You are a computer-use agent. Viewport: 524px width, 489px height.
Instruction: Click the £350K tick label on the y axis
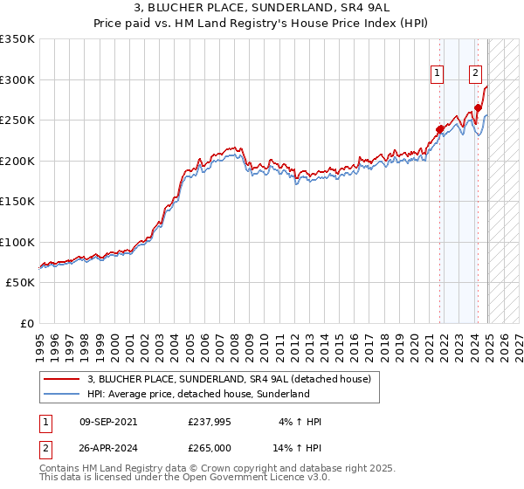[17, 39]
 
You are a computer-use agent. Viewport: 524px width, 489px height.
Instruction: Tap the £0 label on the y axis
[28, 324]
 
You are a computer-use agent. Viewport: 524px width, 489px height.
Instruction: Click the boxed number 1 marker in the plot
[436, 73]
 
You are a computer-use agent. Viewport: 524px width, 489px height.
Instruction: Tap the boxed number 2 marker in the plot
[476, 73]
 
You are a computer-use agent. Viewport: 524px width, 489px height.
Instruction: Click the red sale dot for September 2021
[439, 130]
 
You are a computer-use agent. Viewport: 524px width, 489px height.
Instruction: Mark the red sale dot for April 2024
[479, 108]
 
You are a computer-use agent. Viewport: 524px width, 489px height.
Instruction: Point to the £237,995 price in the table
[210, 422]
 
